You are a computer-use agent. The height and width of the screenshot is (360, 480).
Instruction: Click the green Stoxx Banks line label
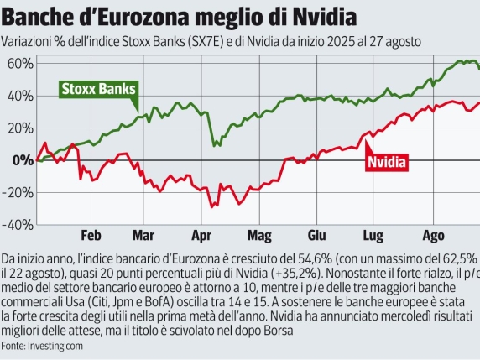[99, 89]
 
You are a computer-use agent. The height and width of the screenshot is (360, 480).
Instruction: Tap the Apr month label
[201, 236]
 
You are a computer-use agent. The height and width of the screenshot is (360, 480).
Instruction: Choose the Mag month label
[259, 236]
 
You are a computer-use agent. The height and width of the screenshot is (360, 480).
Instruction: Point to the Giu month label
[316, 236]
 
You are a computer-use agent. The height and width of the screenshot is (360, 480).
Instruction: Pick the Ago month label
[432, 236]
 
